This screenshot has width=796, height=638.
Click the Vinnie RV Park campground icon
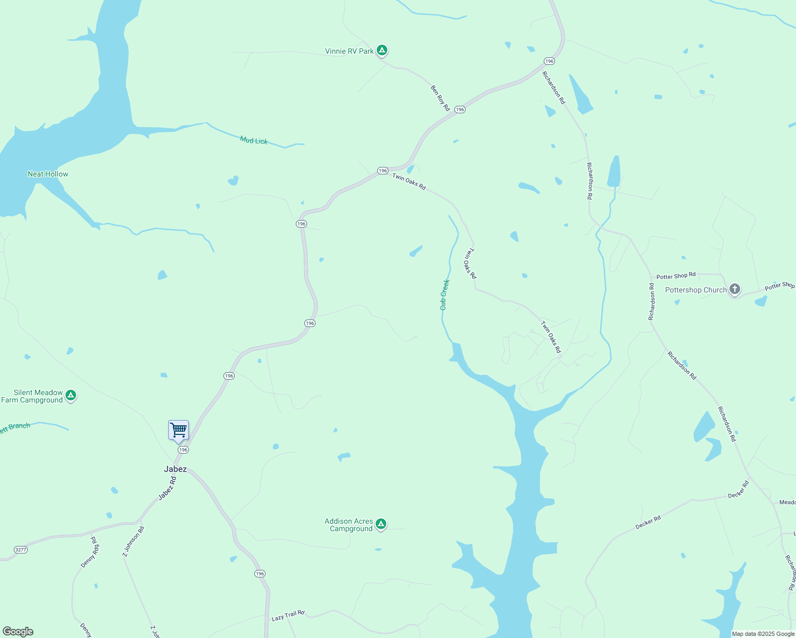coord(382,51)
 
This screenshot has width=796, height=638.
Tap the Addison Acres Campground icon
coord(380,524)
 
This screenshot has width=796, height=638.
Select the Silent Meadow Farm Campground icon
coord(71,396)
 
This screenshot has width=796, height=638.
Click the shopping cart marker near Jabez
coord(179,430)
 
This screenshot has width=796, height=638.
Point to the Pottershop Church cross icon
coord(735,289)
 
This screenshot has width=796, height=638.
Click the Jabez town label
coord(175,469)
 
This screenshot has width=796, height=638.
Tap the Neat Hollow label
coord(48,174)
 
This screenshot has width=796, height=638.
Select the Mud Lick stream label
coord(254,140)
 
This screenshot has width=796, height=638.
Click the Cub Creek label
coord(445,295)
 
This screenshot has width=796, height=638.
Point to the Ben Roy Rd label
coord(440,98)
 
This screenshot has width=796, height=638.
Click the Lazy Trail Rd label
coord(288,616)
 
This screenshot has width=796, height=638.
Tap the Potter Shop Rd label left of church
coord(676,276)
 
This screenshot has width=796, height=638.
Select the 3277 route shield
coord(21,549)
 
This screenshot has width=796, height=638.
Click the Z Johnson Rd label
coord(133,541)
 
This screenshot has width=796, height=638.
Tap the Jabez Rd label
coord(167,488)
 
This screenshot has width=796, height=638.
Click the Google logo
coord(18,632)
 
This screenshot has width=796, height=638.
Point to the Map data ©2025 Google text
coord(763,634)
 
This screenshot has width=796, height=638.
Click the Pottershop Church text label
coord(695,290)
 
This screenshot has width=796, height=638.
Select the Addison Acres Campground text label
coord(349,525)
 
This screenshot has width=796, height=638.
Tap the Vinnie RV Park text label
coord(350,51)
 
